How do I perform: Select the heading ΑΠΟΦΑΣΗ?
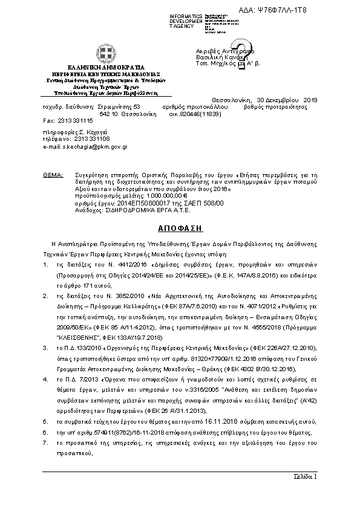pos(179,229)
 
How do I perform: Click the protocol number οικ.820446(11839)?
pos(195,113)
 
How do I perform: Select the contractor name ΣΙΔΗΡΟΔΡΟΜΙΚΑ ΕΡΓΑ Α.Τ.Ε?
pos(158,211)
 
